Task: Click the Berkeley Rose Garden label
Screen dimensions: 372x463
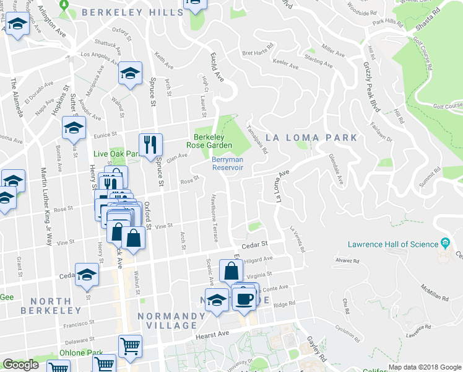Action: point(212,141)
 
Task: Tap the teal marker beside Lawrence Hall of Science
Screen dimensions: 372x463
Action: point(444,242)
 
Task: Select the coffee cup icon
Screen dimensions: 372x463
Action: point(244,298)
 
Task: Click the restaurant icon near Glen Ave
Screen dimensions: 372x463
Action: point(150,146)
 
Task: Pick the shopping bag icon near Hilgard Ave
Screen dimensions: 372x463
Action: point(231,272)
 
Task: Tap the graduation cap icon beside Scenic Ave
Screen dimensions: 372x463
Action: point(216,300)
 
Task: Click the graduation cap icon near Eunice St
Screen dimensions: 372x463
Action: point(74,128)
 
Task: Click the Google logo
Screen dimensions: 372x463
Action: point(20,365)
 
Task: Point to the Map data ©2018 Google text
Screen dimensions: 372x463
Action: point(425,367)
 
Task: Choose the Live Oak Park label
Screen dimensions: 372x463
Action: point(115,154)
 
